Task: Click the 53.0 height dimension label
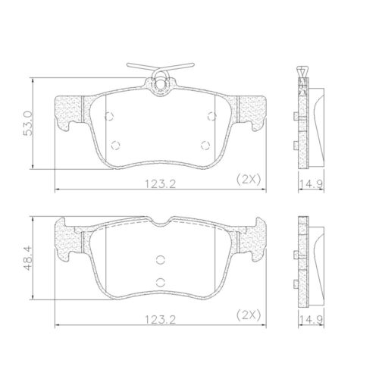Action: (x=28, y=123)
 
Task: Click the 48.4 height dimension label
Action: (x=28, y=258)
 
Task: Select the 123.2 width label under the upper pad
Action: (x=160, y=184)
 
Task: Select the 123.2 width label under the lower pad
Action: (x=160, y=320)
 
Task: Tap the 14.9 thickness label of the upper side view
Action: (x=311, y=184)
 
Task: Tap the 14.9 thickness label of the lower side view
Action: (x=311, y=320)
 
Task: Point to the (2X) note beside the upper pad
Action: (x=249, y=180)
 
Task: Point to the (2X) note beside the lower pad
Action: (x=249, y=315)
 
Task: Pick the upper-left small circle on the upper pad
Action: (x=109, y=116)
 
